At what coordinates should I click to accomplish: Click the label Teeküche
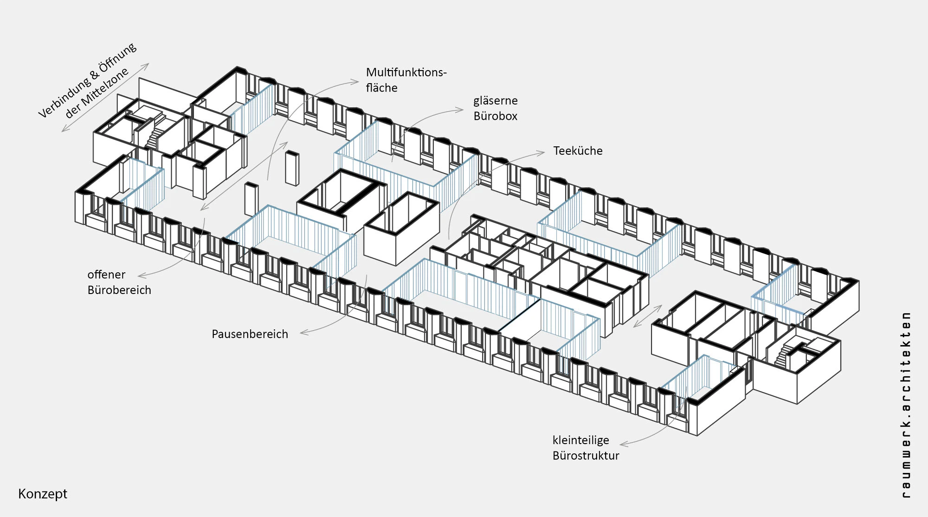578,151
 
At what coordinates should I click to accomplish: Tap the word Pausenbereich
250,334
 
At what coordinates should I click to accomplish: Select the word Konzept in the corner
43,494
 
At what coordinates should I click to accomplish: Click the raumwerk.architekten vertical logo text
906,405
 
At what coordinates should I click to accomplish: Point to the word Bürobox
495,116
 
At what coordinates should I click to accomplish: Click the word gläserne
496,101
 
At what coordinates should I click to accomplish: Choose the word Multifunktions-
406,72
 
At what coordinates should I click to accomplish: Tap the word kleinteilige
580,440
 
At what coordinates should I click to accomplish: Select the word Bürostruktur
586,456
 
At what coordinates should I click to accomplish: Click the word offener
106,275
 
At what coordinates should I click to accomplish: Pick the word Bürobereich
119,290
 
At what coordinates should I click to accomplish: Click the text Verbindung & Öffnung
87,80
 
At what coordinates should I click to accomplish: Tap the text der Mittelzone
97,94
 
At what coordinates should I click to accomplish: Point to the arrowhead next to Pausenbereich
304,332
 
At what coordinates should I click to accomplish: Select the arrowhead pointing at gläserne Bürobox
460,110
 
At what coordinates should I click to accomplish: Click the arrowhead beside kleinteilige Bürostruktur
624,444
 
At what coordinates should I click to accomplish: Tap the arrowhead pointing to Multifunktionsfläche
355,82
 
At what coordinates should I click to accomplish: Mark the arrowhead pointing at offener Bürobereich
142,276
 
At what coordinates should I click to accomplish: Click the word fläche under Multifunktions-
381,88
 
